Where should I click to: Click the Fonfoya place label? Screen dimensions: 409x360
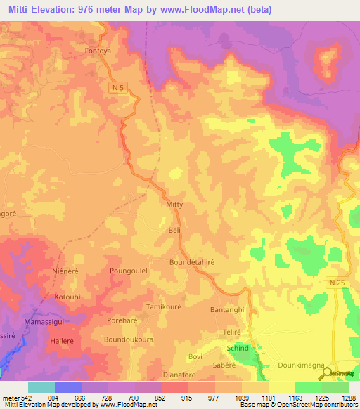[x=98, y=51]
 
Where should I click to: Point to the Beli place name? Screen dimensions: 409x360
[x=175, y=230]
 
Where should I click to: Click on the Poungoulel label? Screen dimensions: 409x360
[x=128, y=270]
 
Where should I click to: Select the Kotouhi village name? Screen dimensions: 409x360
[x=68, y=297]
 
